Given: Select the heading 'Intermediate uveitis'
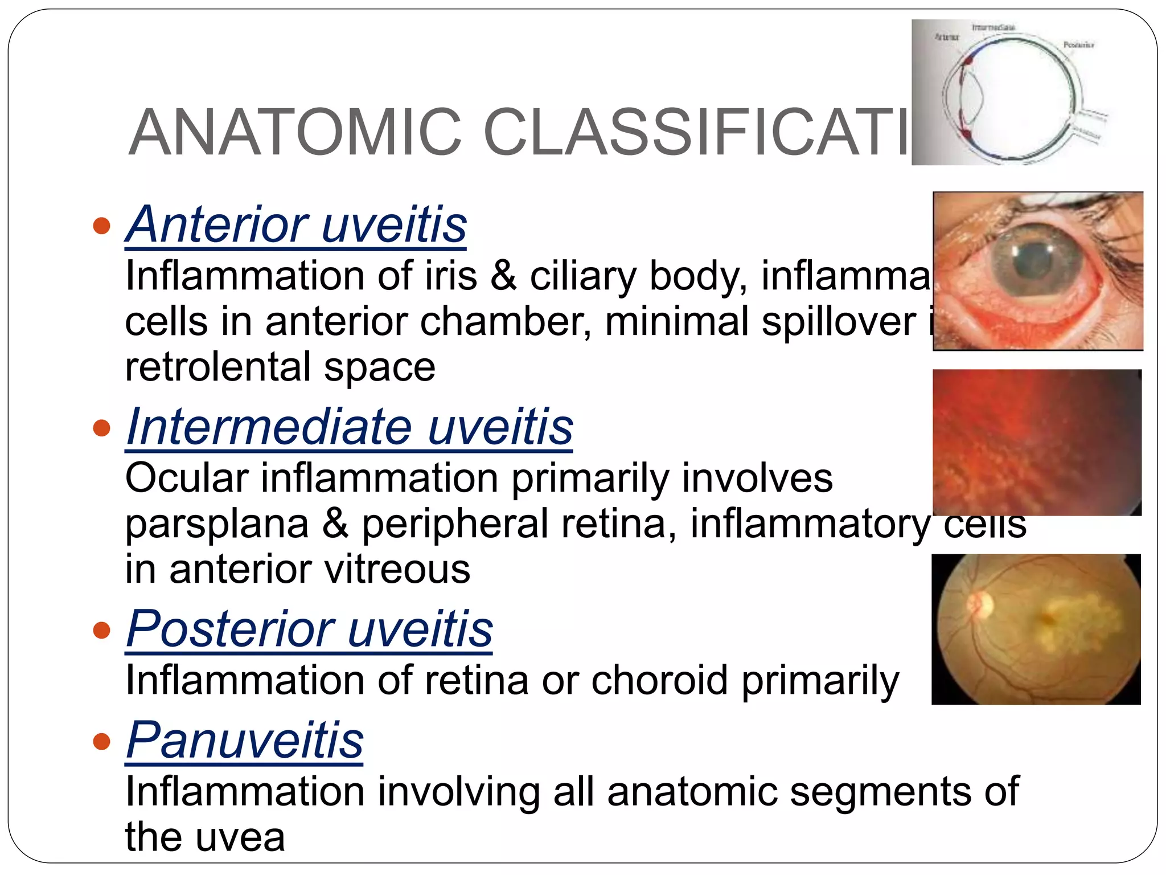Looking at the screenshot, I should coord(349,427).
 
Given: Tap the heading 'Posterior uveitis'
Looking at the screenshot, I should coord(309,629).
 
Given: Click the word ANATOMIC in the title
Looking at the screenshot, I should coord(295,132).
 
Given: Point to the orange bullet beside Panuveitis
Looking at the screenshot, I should coord(101,741).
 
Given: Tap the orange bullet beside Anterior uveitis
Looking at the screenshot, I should coord(101,226).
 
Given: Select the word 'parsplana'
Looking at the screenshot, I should coord(216,524).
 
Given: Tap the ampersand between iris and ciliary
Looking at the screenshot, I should coord(503,276).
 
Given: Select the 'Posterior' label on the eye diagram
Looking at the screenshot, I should coord(1078,45).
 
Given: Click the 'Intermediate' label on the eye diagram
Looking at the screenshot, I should coord(993,27).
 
